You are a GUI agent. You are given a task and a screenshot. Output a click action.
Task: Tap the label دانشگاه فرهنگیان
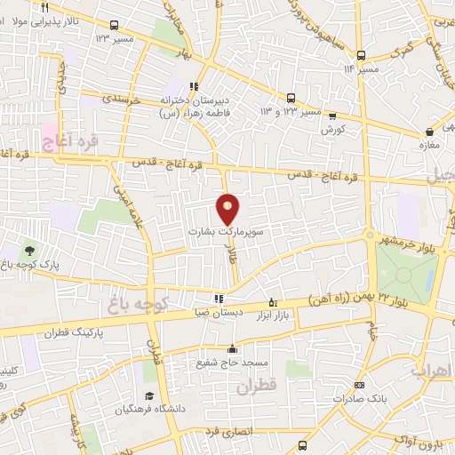click(149, 410)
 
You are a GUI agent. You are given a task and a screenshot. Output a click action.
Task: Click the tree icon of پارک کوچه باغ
click(32, 251)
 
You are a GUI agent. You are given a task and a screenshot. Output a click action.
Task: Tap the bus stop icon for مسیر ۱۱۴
click(360, 52)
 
